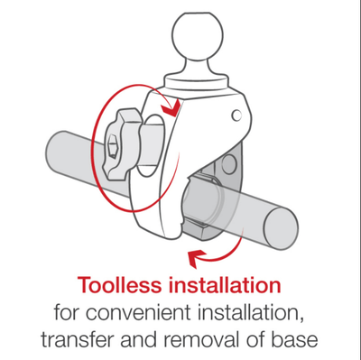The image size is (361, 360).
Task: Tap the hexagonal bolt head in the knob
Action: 112,146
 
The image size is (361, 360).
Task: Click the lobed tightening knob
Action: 122,145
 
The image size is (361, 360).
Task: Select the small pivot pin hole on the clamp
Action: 236,115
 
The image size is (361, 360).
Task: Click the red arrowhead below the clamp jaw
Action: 196,258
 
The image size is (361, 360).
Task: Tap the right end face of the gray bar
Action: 281,224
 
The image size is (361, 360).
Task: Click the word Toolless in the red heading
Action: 120,285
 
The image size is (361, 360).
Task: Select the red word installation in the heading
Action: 225,285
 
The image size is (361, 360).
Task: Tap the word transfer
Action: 78,339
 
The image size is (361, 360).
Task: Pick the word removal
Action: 200,339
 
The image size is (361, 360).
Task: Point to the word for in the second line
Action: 67,313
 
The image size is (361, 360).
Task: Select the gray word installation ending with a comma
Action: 251,313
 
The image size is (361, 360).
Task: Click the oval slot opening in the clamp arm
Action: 151,145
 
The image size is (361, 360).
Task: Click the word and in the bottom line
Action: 139,339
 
